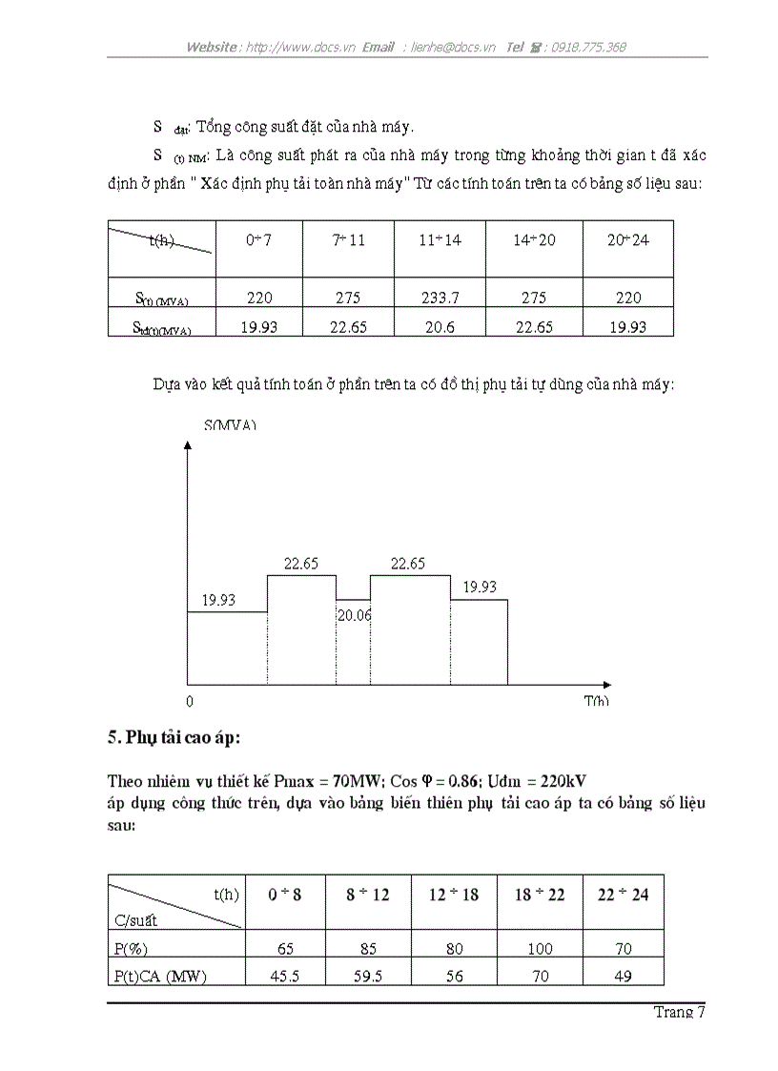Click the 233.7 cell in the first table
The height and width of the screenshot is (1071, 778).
[x=440, y=298]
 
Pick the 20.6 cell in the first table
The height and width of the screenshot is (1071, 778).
[x=440, y=326]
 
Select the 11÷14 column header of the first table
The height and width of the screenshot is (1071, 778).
[x=440, y=240]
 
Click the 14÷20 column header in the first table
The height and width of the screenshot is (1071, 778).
[x=534, y=240]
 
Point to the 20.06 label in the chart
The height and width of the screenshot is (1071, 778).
[x=353, y=616]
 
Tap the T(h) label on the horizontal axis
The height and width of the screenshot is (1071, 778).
[x=597, y=701]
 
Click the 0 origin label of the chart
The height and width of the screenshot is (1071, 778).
[x=190, y=701]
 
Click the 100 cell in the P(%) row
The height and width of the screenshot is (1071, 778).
[x=540, y=949]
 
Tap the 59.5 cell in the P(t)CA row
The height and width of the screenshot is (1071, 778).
[x=367, y=975]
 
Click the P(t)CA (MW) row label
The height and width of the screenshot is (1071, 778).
[x=159, y=975]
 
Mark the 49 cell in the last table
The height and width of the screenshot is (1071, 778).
[x=623, y=975]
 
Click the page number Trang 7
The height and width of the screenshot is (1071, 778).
[x=679, y=1013]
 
